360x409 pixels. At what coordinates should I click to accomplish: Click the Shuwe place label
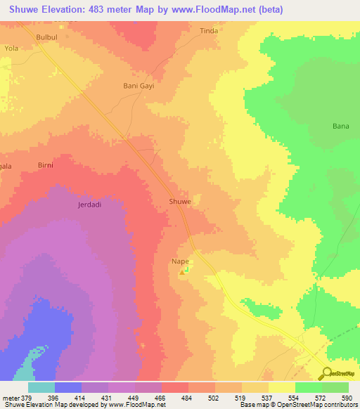(x=179, y=202)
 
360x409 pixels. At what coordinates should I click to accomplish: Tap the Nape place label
(x=181, y=261)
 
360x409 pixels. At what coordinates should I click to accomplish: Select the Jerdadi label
(x=89, y=205)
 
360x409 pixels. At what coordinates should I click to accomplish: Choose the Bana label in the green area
(x=340, y=126)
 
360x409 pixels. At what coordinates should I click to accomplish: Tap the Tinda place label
(x=209, y=31)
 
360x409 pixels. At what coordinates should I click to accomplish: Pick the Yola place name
(x=12, y=48)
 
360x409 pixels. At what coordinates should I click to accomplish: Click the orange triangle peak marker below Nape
(x=186, y=271)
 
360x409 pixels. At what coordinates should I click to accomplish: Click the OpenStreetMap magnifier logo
(x=326, y=373)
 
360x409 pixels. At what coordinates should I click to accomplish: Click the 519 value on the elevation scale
(x=241, y=398)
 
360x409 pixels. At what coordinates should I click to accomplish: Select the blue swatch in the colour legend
(x=68, y=387)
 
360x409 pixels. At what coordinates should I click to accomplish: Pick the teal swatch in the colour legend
(x=41, y=387)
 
